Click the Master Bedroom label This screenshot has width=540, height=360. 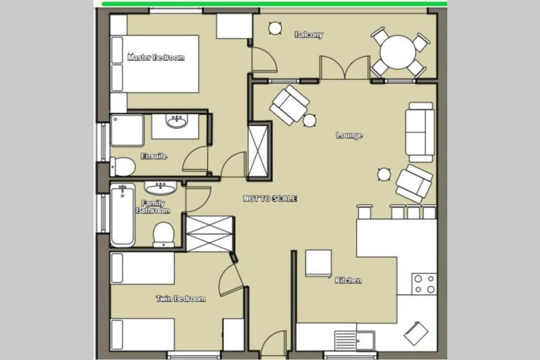156,57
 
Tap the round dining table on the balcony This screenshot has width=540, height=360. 398,52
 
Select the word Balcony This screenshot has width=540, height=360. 309,34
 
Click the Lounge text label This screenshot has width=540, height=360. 349,135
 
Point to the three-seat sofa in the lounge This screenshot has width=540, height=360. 420,132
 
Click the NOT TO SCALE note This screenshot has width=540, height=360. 270,199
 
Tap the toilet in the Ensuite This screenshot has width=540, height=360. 122,167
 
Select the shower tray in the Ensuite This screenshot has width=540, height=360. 127,130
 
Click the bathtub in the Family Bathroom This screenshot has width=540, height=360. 122,215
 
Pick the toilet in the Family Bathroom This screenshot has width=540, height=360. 163,235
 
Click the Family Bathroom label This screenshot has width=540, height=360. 153,207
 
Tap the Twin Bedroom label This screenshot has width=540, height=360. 181,298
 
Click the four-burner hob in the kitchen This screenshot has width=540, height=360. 425,284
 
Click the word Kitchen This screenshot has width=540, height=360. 349,280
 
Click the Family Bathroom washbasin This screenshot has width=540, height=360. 160,188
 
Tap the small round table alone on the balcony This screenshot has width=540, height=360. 275,28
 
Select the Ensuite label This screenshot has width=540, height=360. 154,156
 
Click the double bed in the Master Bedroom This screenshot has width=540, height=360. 155,64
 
